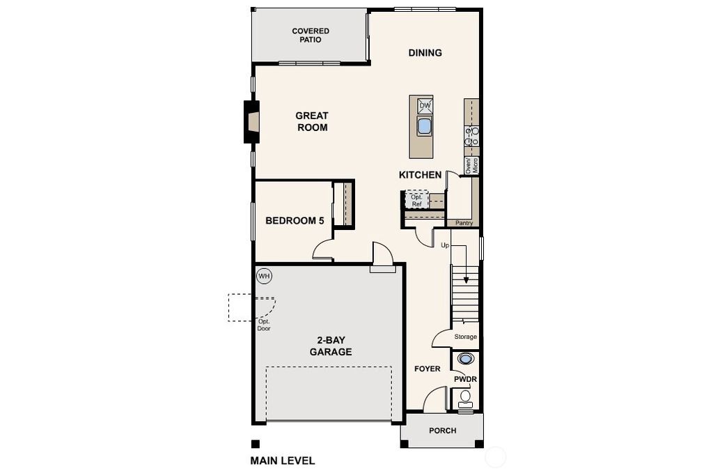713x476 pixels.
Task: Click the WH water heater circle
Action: [264, 276]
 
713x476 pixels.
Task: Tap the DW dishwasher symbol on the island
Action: [425, 105]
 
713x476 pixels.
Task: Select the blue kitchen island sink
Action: [424, 125]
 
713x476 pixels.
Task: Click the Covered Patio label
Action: [311, 36]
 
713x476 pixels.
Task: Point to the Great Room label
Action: [312, 121]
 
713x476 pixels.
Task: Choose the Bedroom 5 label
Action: [295, 221]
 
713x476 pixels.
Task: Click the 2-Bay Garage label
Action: [331, 346]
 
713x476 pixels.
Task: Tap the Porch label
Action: [442, 431]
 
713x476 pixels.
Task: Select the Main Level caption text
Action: [283, 461]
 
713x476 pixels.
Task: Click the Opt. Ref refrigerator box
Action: [416, 199]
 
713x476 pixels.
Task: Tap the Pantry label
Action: [464, 223]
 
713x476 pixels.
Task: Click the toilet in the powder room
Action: [464, 400]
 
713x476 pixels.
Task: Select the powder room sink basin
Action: [464, 359]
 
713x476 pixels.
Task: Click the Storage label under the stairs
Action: [466, 337]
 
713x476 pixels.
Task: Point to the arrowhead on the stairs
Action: [466, 280]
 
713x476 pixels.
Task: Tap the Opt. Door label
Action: [264, 325]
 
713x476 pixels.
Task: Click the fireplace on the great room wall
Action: [251, 122]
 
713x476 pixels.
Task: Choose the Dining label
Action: [425, 53]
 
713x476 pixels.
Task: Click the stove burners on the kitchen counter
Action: [471, 137]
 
